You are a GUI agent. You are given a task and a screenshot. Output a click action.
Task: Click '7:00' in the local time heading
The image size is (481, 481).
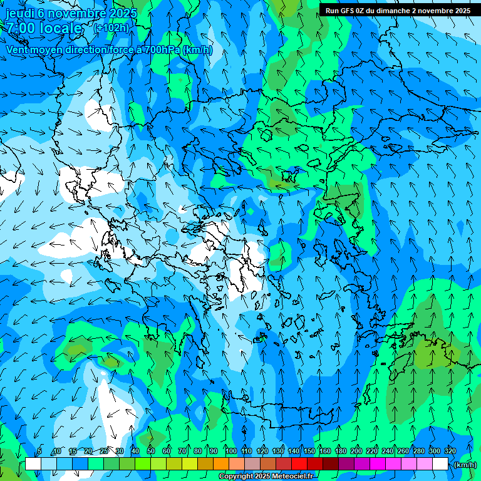pos(19,28)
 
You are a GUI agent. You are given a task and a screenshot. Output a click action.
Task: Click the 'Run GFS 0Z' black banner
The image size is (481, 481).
pos(396,10)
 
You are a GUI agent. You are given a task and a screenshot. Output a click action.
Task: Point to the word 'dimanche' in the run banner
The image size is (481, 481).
pos(393,10)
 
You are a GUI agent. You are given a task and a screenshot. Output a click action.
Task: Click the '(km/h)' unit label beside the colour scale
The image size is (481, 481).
pos(464,465)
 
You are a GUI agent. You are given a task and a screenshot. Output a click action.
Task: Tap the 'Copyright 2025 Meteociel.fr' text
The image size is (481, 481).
pos(266,477)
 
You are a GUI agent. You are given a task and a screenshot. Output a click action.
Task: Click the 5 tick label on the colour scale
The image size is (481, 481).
pos(39,451)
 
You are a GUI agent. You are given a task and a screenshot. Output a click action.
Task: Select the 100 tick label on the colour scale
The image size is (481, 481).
pos(230,451)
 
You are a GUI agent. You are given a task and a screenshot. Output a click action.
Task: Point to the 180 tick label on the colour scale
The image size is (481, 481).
pos(340,451)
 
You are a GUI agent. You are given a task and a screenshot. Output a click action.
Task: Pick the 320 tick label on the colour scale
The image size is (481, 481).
pos(450,451)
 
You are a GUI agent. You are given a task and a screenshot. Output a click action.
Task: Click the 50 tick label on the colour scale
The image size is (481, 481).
pos(151,451)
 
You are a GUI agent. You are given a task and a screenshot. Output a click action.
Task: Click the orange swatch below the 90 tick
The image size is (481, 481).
pos(221,464)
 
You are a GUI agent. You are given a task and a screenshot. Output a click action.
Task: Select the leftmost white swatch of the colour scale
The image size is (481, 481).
pos(33,464)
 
